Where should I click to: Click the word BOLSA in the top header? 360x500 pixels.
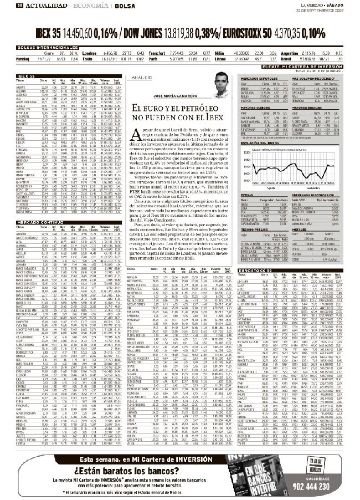(124, 6)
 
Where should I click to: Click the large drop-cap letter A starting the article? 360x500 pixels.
(138, 144)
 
